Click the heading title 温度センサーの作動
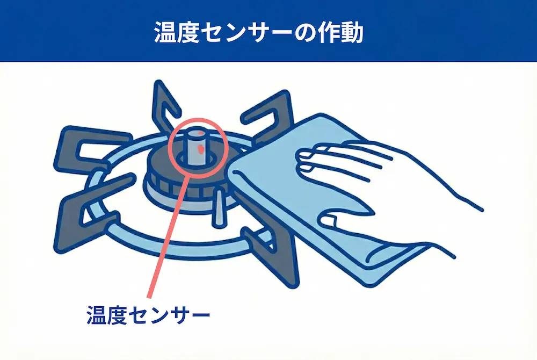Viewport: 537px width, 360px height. pyautogui.click(x=259, y=33)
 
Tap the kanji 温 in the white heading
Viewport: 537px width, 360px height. pyautogui.click(x=165, y=33)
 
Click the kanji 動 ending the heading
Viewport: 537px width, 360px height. pyautogui.click(x=352, y=33)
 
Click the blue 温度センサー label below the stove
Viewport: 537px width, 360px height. pyautogui.click(x=148, y=315)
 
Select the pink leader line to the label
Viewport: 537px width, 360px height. pyautogui.click(x=167, y=236)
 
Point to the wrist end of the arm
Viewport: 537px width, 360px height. pyautogui.click(x=476, y=205)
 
